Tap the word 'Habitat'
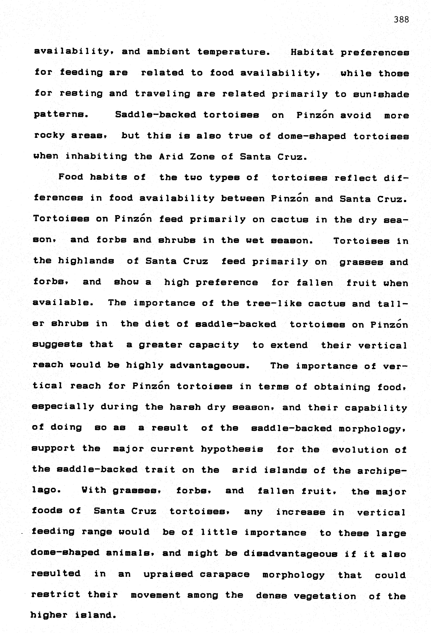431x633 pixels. tap(312, 52)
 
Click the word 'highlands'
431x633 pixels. tap(86, 261)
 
